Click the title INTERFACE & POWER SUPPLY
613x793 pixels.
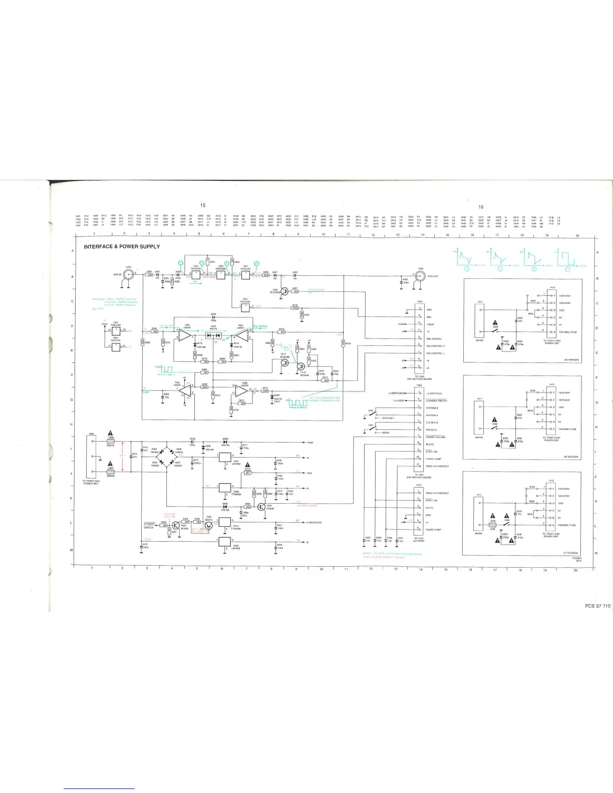coord(122,247)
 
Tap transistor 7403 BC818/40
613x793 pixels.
coord(284,291)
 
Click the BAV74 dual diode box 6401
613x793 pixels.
coord(214,335)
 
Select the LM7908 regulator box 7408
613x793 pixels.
coord(225,541)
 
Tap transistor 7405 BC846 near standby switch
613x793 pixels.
coord(176,526)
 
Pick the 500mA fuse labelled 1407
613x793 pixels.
coord(111,471)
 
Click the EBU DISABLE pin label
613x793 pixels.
coord(434,339)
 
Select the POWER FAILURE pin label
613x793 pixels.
coord(435,437)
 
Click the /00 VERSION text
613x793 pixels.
coord(571,360)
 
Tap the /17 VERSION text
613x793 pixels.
coord(570,553)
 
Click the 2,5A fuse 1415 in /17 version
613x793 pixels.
coord(492,525)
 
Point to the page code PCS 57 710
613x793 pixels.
coord(597,606)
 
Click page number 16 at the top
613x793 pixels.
coord(481,207)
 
